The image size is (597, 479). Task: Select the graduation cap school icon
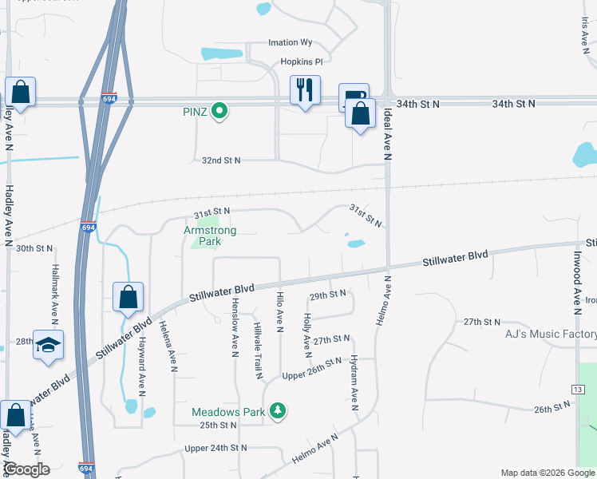click(x=48, y=345)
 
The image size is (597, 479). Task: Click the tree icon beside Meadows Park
click(x=278, y=411)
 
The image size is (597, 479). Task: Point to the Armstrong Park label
click(x=210, y=236)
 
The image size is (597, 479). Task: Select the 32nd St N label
click(x=221, y=160)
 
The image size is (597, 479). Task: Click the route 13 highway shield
click(x=576, y=388)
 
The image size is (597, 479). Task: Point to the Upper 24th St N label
click(x=215, y=448)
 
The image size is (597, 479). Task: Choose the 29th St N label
click(x=327, y=294)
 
